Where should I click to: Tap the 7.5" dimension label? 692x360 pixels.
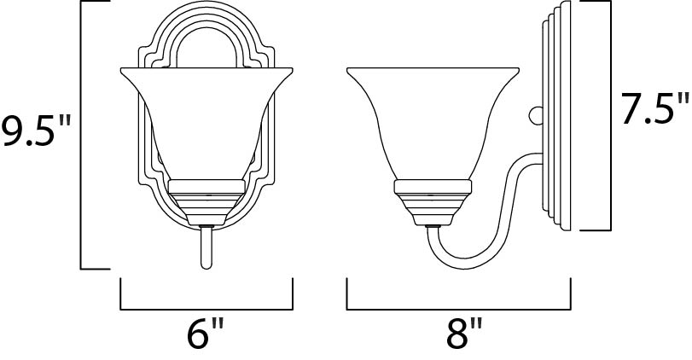[x=654, y=109]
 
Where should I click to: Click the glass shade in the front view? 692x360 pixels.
[x=205, y=119]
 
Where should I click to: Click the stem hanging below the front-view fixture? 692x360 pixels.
[x=205, y=247]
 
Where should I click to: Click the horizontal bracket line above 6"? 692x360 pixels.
[x=206, y=308]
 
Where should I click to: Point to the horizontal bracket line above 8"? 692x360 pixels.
[x=459, y=308]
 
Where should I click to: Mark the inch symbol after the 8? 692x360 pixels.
[x=477, y=328]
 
